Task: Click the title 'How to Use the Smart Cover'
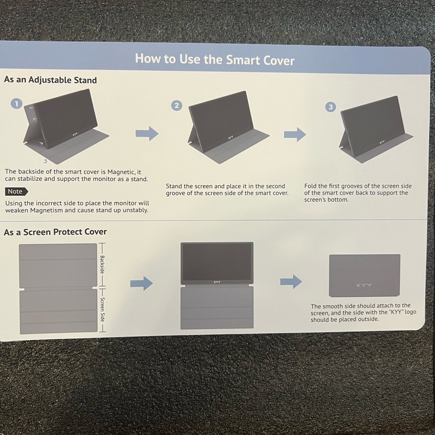[214, 59]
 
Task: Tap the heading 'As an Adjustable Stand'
[50, 80]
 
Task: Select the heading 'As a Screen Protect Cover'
[55, 232]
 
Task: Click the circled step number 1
[17, 104]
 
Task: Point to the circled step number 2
[177, 105]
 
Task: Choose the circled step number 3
[331, 107]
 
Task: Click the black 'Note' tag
[17, 191]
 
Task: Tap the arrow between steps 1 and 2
[147, 134]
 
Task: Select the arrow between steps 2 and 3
[295, 134]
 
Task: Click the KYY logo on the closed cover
[364, 285]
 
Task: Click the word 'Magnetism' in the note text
[47, 210]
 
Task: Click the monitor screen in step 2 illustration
[221, 117]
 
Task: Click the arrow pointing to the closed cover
[291, 281]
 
